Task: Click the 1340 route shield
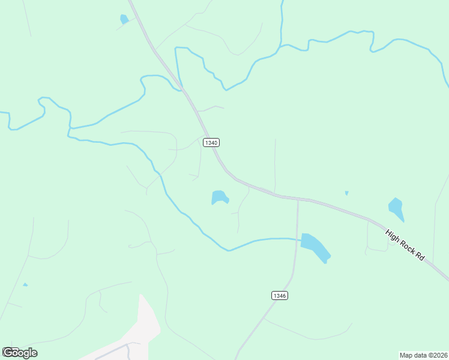(211, 143)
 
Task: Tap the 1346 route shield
(279, 295)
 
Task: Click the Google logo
(20, 352)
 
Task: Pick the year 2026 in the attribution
(439, 355)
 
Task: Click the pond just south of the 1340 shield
(220, 197)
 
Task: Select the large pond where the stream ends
(315, 247)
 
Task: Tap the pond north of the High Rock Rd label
(396, 208)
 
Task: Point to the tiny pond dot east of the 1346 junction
(346, 193)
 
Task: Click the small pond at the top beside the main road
(124, 19)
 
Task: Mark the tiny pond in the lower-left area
(25, 284)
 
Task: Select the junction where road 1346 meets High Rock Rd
(298, 199)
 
